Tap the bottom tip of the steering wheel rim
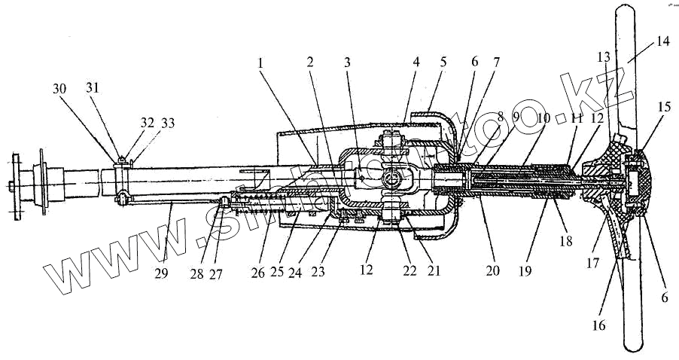[x=632, y=351]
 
